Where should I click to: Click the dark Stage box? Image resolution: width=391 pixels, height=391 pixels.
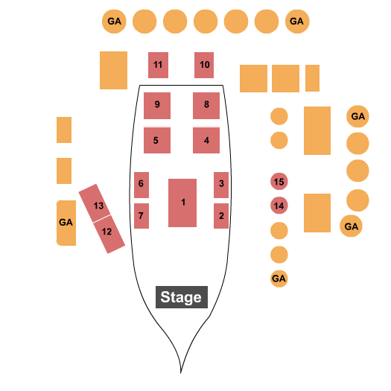pos(182,297)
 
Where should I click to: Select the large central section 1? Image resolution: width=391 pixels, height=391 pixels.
pos(182,203)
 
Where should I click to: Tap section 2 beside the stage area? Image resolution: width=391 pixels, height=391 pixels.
pos(221,216)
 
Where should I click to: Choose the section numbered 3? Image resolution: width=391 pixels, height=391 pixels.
pos(221,185)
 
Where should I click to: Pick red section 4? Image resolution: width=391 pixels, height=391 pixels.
pos(206,140)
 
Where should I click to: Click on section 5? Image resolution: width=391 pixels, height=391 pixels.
pos(157,140)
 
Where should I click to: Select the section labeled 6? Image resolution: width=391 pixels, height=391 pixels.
pos(142,185)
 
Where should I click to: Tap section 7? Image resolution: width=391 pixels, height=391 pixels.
pos(142,216)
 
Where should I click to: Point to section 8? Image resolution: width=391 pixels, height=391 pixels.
pos(206,106)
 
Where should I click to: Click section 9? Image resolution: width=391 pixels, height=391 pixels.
pos(157,106)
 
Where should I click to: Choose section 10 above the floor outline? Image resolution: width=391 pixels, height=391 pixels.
pos(204,65)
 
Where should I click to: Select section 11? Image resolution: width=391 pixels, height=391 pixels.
pos(158,65)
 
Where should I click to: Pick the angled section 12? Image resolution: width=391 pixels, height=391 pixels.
pos(109,235)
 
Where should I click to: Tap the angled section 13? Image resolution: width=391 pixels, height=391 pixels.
pos(95,203)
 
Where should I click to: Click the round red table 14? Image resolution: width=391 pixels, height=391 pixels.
pos(279,206)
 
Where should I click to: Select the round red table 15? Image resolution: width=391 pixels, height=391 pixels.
pos(279,181)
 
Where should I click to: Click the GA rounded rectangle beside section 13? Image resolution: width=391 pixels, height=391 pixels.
pos(66,223)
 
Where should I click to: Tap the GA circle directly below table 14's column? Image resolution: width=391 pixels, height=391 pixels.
pos(279,279)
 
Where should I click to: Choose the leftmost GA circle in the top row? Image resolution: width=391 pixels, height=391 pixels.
pos(114,22)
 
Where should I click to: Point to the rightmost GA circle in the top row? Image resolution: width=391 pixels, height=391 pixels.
pos(297,22)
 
